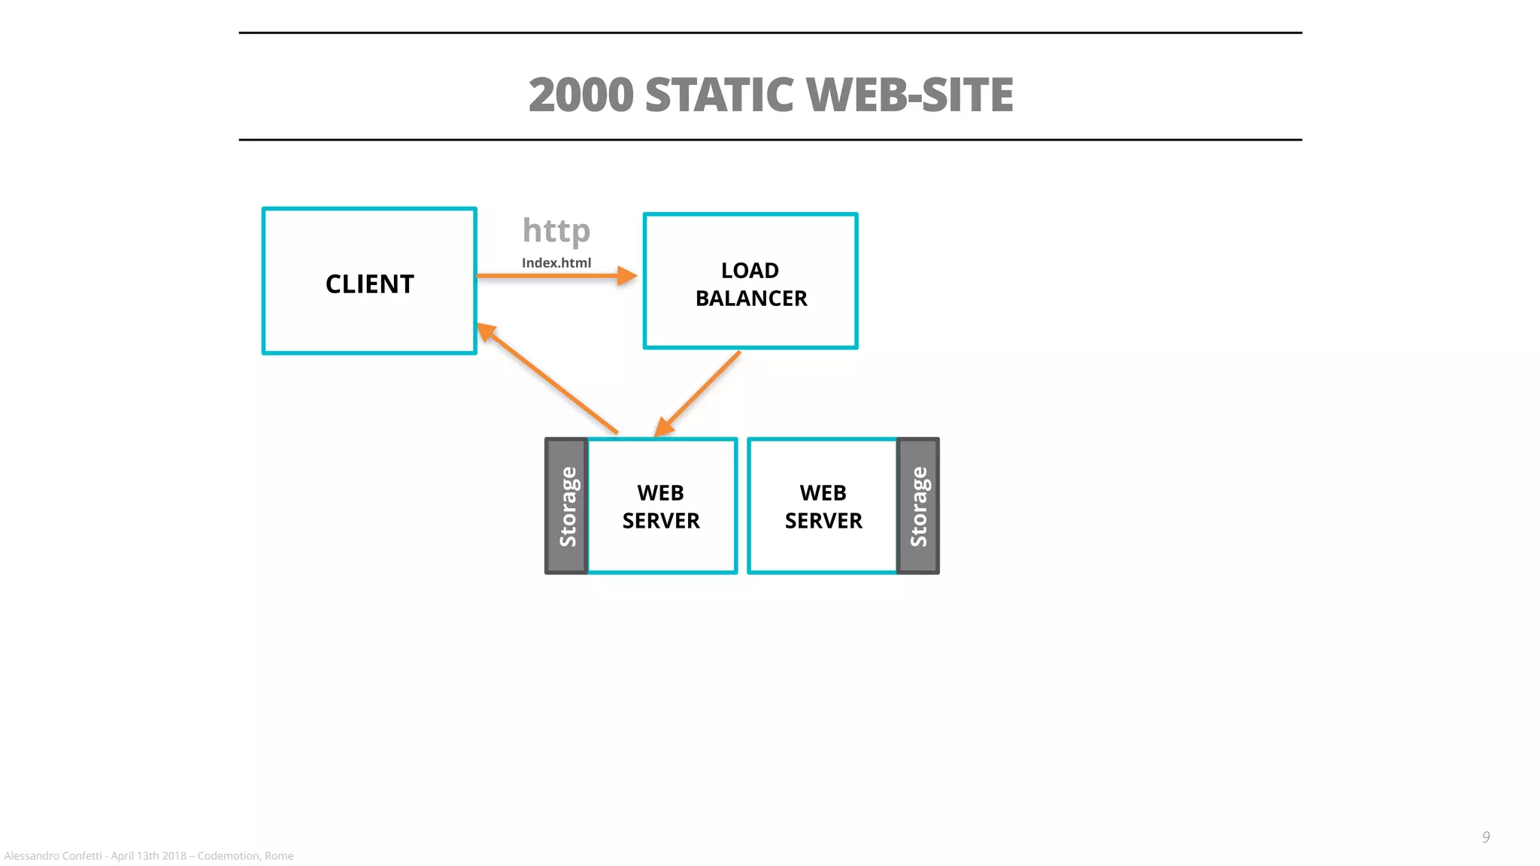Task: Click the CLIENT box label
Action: click(x=369, y=284)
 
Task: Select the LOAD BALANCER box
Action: click(x=750, y=280)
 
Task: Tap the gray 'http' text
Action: click(x=556, y=231)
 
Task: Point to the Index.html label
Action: click(x=556, y=263)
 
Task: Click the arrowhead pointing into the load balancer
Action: click(x=626, y=276)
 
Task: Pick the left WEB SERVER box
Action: click(x=661, y=506)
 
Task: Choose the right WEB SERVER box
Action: click(x=823, y=506)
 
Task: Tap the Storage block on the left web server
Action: click(x=567, y=506)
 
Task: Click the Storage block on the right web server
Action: click(x=918, y=506)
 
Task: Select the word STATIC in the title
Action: click(x=719, y=95)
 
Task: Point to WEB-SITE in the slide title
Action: click(x=909, y=95)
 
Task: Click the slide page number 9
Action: click(x=1485, y=837)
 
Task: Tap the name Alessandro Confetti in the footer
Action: click(x=53, y=855)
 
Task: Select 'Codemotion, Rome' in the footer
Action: click(x=245, y=855)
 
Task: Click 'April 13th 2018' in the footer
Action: click(x=148, y=855)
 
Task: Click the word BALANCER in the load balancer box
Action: click(x=751, y=298)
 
